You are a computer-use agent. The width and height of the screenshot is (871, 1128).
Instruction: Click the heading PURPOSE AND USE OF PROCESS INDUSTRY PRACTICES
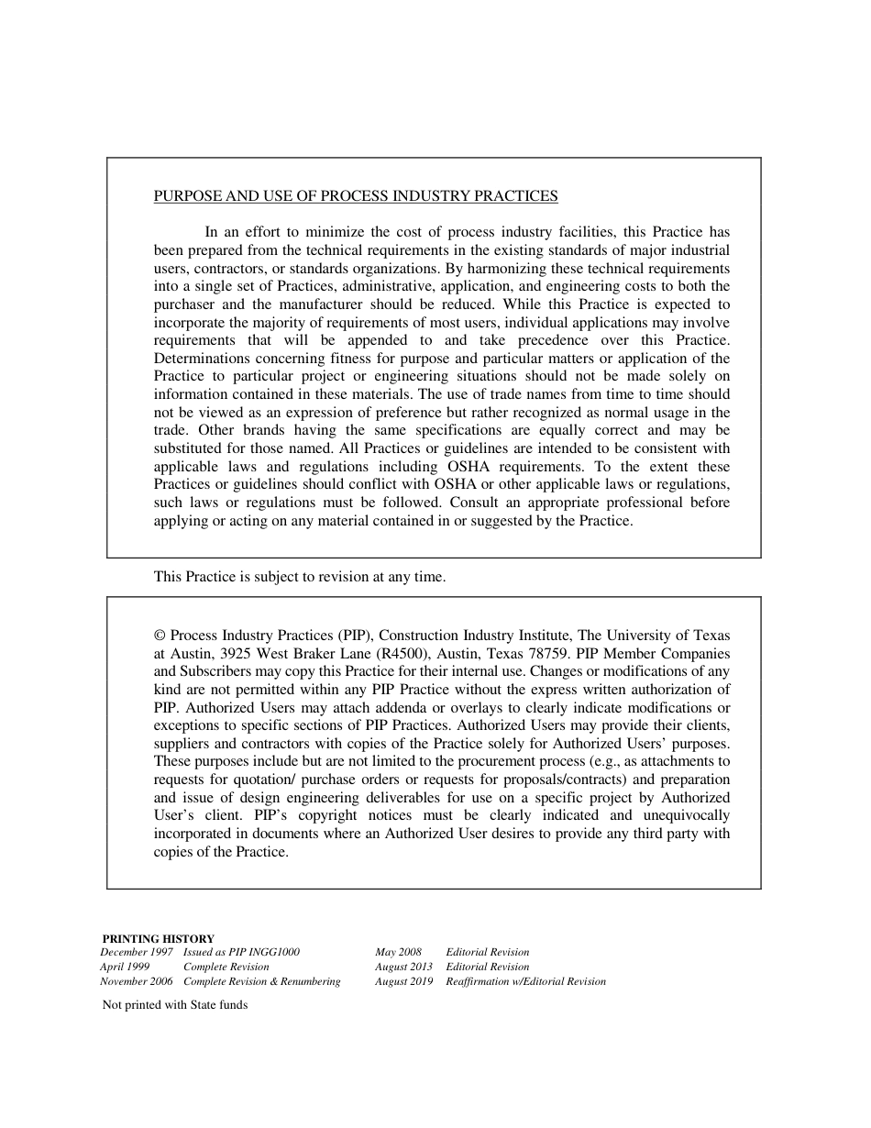[x=355, y=195]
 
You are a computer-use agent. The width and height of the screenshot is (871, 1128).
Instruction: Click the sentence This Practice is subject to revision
[x=299, y=577]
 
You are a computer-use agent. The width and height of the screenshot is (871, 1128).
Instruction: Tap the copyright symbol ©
[x=160, y=636]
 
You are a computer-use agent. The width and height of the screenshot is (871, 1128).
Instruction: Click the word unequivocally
[x=685, y=815]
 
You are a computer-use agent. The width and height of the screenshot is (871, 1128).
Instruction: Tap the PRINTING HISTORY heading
[x=158, y=938]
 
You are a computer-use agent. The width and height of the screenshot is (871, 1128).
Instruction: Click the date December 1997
[x=137, y=952]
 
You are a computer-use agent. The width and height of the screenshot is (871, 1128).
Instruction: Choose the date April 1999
[x=125, y=967]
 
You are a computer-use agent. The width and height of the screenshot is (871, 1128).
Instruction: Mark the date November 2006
[x=137, y=981]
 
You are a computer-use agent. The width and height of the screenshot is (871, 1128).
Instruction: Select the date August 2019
[x=403, y=981]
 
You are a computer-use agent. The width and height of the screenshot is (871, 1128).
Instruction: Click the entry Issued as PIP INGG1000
[x=241, y=952]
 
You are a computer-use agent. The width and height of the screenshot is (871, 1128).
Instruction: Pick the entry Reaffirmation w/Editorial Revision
[x=525, y=981]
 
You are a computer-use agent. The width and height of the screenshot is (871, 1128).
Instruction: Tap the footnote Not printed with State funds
[x=175, y=1004]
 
